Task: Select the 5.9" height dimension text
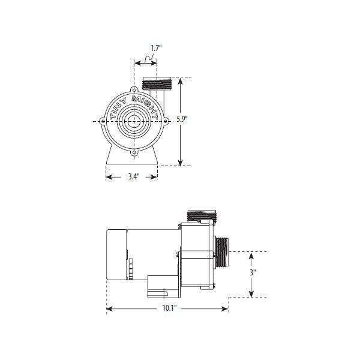click(182, 119)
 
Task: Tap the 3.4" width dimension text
click(132, 176)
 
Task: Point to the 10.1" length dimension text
click(169, 309)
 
